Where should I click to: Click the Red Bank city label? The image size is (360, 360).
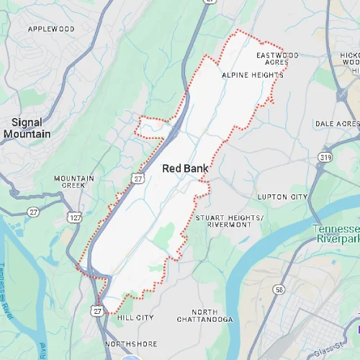185,168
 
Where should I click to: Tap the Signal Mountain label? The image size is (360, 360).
27,128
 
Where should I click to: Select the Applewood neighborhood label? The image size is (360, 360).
50,29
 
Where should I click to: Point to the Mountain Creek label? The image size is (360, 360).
73,181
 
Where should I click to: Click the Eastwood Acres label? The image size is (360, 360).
277,58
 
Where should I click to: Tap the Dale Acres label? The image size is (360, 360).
337,124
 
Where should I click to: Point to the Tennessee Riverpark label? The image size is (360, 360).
336,233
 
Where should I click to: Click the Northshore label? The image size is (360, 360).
130,344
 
